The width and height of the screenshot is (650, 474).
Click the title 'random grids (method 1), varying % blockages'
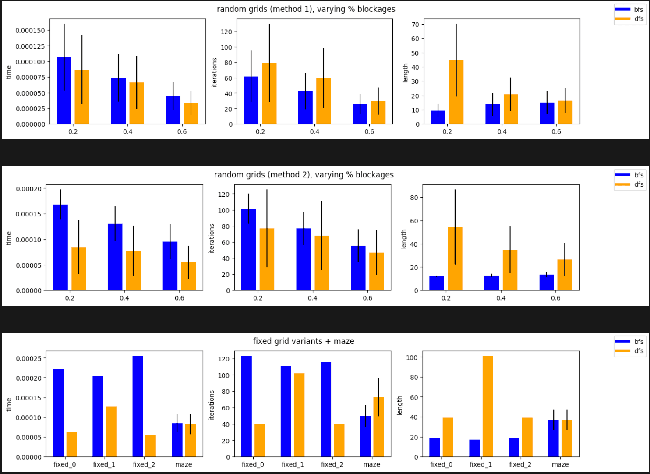(x=306, y=9)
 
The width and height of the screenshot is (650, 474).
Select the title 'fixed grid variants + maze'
(x=304, y=341)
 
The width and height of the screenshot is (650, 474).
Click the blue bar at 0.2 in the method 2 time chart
(x=60, y=248)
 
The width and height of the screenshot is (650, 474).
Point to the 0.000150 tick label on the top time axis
(x=30, y=30)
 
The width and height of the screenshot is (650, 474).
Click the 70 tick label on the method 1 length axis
(x=415, y=25)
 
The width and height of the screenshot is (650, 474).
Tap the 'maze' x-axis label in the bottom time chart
(x=184, y=464)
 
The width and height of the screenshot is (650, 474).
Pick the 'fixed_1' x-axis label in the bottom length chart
(x=481, y=464)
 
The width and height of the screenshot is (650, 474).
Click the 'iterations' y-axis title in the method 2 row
(x=212, y=238)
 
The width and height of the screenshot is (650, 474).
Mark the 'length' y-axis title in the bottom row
(x=399, y=405)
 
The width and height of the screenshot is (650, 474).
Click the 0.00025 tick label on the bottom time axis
(x=28, y=358)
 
